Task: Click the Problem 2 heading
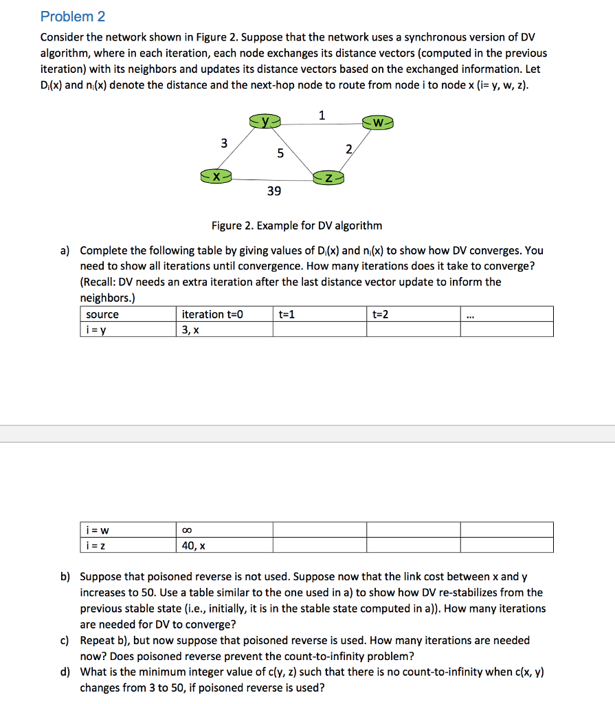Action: pos(73,16)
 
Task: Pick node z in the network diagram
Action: pos(328,178)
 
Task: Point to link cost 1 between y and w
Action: pos(322,114)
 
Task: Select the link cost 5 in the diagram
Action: pos(280,153)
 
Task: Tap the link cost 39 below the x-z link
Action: pos(273,191)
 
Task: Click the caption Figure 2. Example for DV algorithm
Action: pos(297,225)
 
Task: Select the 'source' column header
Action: pos(102,314)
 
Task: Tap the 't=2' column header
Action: pos(380,314)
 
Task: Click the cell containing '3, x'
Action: pos(190,329)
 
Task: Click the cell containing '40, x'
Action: pos(193,545)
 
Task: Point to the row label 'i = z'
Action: pos(98,545)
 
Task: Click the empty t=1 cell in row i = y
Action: pos(320,329)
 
